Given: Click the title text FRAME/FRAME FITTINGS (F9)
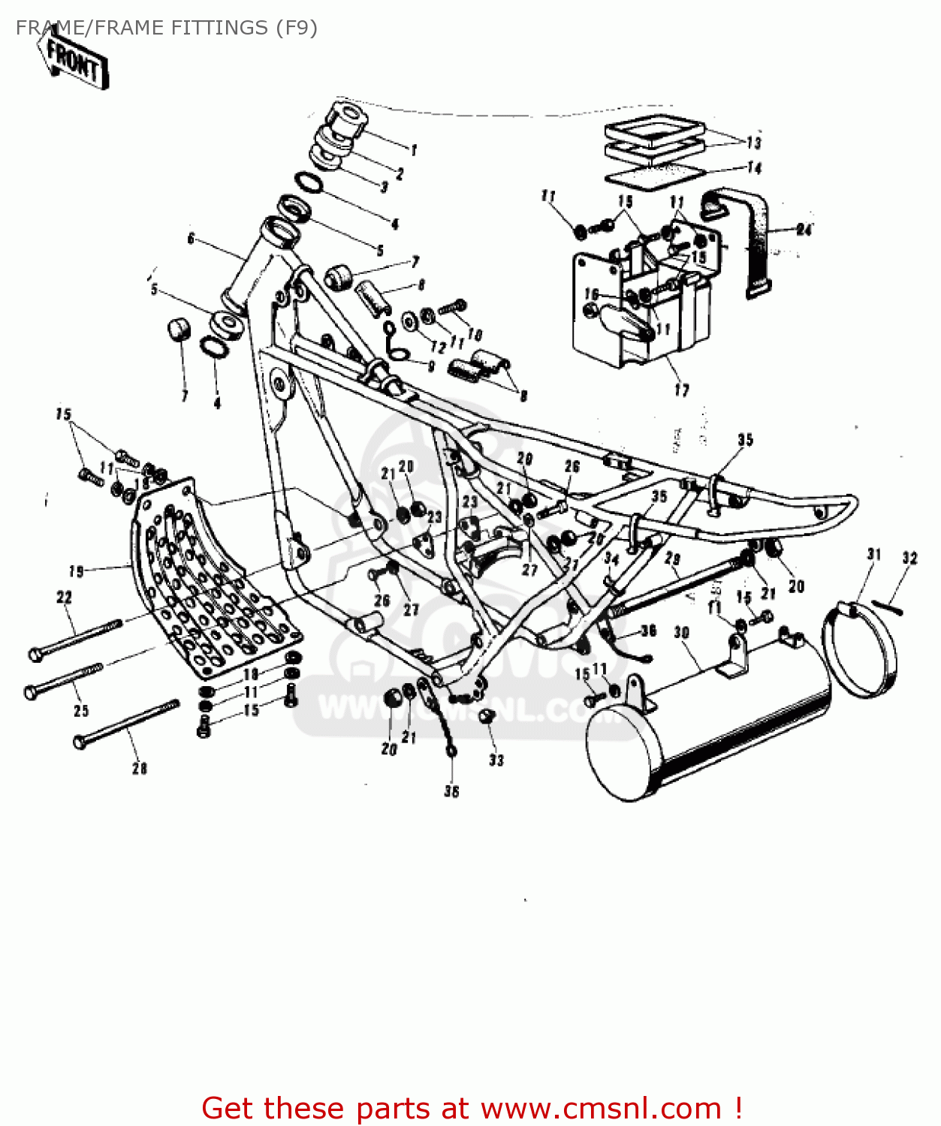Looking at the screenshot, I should pos(166,28).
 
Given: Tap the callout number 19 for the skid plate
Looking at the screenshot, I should pos(76,572).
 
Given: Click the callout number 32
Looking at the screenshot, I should pos(909,558).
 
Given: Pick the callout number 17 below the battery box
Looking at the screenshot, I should pos(681,390).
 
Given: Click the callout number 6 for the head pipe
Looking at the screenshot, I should pos(191,239).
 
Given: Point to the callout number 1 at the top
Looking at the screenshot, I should pos(414,150).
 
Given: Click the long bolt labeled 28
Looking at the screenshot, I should pos(128,724).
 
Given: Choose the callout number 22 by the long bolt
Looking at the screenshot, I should pos(65,598).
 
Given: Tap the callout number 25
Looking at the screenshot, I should pos(81,710).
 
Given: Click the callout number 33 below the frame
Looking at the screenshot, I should pos(496,760).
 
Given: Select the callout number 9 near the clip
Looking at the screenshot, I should pos(431,366).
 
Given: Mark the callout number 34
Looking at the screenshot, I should pos(612,559).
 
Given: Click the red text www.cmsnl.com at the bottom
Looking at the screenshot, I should pos(601,1108).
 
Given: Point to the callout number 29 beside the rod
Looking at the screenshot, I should pos(673,559).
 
